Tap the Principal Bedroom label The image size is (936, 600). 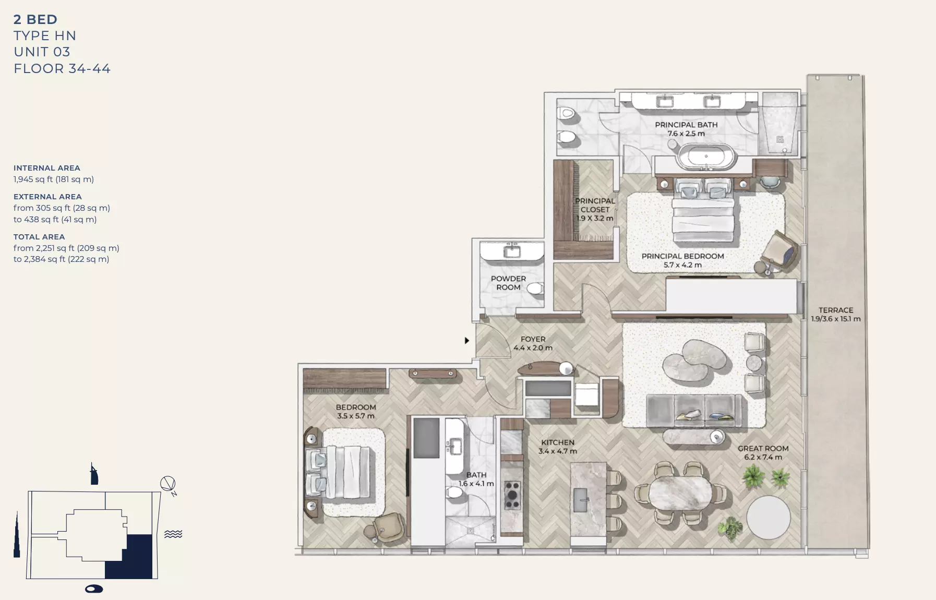point(682,256)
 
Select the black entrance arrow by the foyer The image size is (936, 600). point(467,340)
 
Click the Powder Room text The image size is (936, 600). point(508,283)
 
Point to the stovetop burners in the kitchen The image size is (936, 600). point(512,495)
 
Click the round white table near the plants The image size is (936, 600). point(768,517)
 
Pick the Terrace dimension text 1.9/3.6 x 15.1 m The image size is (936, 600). point(835,319)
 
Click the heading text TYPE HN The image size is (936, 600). point(45,35)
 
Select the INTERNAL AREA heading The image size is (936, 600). point(47,168)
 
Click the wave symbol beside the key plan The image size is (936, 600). point(173,534)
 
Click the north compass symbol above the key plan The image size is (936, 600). point(168,484)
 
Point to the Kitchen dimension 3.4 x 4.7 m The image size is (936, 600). point(558,451)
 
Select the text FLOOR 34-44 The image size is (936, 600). point(62,68)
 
